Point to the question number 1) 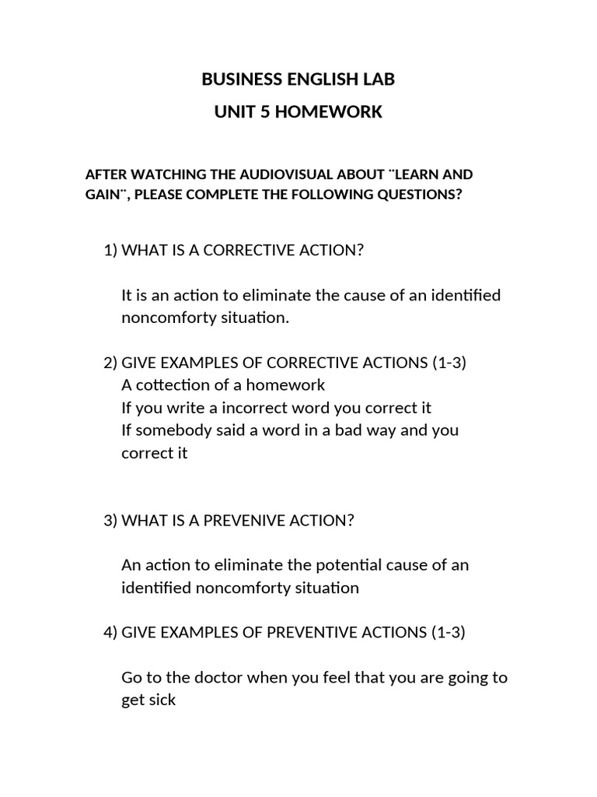click(111, 251)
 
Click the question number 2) click(111, 363)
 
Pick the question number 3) click(111, 521)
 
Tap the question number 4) click(111, 633)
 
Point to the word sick click(161, 700)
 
